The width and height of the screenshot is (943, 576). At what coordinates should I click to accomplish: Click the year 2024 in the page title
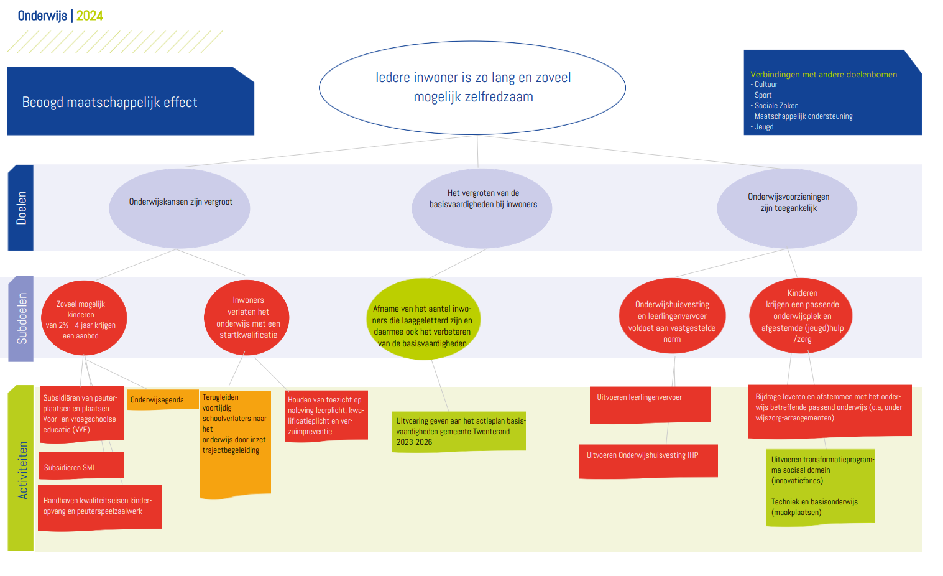[x=90, y=16]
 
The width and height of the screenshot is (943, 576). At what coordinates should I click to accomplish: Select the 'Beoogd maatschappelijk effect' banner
[x=131, y=101]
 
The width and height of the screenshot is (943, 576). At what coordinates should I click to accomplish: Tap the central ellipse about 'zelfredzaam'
[x=472, y=88]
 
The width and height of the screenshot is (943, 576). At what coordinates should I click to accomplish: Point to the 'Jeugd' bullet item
[x=762, y=127]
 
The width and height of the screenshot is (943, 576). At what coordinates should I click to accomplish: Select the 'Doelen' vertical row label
[x=21, y=208]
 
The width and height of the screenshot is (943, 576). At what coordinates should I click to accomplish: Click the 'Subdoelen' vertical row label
[x=21, y=318]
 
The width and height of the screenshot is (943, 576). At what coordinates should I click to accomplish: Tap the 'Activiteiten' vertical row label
[x=21, y=468]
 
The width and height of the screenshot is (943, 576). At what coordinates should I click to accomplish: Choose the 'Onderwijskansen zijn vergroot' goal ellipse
[x=180, y=208]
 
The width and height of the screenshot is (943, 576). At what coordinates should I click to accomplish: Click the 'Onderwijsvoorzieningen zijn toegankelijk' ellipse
[x=787, y=208]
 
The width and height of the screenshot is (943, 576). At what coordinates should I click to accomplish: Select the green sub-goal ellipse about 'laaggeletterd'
[x=423, y=319]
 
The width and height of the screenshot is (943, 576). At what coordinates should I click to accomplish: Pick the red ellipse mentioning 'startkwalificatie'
[x=247, y=318]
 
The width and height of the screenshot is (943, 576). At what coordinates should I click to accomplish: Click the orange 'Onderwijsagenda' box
[x=163, y=399]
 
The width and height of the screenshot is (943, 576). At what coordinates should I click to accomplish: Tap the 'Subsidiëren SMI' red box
[x=81, y=465]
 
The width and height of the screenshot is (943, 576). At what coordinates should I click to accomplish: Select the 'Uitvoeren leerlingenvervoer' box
[x=650, y=405]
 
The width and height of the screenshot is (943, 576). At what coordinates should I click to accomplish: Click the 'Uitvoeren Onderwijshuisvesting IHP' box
[x=648, y=462]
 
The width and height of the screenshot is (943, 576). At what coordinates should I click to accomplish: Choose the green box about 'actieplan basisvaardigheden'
[x=459, y=432]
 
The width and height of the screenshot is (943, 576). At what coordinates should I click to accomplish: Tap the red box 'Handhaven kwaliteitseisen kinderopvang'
[x=100, y=508]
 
